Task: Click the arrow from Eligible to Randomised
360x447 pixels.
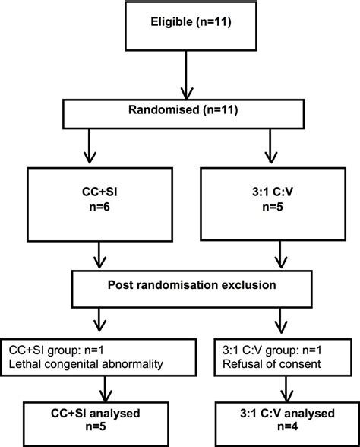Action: point(180,77)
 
